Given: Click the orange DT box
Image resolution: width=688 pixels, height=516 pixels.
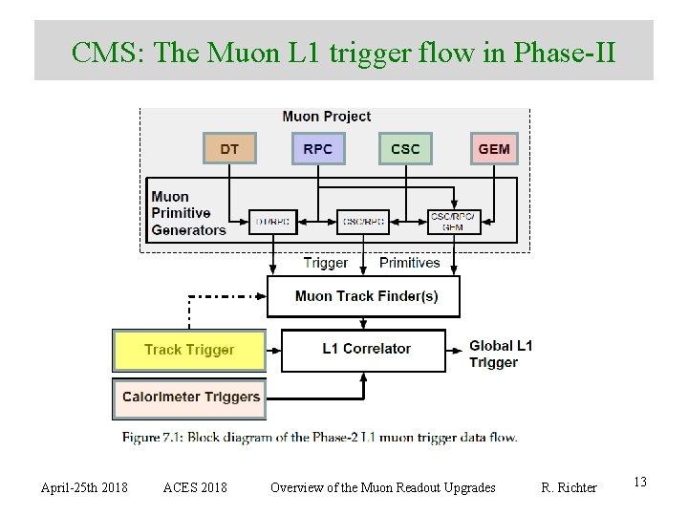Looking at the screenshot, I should coord(229,149).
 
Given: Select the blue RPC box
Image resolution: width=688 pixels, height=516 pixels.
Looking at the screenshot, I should coord(317,149).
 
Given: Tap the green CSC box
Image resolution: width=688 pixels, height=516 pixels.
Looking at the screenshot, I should coord(405,149).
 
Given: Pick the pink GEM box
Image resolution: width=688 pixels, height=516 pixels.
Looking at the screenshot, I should coord(493,149).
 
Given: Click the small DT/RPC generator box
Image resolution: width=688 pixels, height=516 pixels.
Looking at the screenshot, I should coord(273,223).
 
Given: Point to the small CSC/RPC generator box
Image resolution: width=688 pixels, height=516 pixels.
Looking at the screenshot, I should coord(362,223).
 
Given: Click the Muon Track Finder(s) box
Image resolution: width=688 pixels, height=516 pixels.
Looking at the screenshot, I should coord(363,296).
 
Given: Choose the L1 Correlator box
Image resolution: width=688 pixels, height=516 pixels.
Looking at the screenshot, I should coord(363,350).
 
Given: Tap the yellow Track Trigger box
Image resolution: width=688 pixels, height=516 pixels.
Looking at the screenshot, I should coord(188,350).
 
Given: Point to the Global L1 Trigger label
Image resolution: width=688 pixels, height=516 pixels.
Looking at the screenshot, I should coord(500,354).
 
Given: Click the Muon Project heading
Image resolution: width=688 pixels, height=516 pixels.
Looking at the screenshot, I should coord(326,117).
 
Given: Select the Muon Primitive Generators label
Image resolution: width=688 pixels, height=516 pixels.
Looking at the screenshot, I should coord(188,213).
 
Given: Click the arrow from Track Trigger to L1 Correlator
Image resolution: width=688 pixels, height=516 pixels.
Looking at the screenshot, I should coord(272,350).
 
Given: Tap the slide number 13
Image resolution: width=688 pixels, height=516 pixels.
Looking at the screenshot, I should coord(639,483).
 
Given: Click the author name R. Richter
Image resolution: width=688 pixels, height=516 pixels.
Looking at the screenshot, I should coord(569,487).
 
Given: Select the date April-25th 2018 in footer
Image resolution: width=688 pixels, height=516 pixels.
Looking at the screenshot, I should coord(84,487).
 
